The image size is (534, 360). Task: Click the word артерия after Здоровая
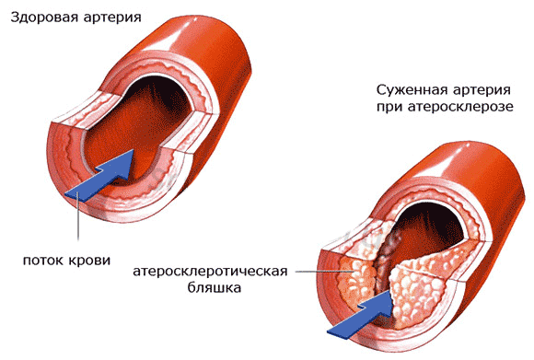pos(112,17)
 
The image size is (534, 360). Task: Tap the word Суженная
pos(412,90)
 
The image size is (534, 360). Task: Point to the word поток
pos(43,261)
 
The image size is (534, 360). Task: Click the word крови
pos(89,261)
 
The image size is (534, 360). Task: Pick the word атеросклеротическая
pos(210,272)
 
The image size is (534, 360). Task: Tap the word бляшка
pos(215,287)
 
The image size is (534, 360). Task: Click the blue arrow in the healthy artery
pos(102,176)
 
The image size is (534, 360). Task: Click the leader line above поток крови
pos(78,215)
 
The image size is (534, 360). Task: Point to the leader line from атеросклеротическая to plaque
pos(323,272)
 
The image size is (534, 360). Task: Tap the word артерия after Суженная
pos(482,91)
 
